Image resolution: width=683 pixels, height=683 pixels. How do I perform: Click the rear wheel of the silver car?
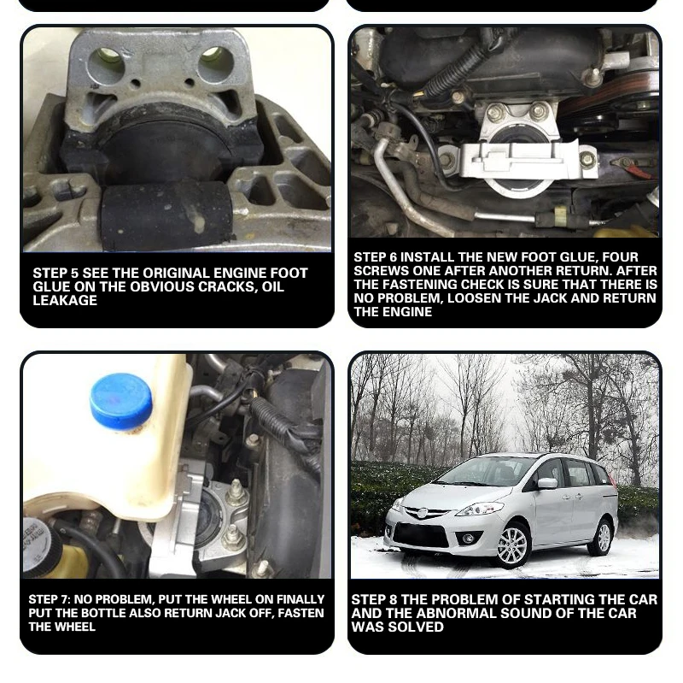pos(604,536)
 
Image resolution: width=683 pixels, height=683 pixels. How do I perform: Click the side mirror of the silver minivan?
pos(546,483)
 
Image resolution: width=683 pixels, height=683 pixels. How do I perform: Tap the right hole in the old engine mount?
pos(214,59)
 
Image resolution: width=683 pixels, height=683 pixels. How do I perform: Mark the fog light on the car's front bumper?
pos(467,539)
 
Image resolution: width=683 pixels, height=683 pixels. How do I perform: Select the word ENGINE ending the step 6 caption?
pos(406,312)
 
